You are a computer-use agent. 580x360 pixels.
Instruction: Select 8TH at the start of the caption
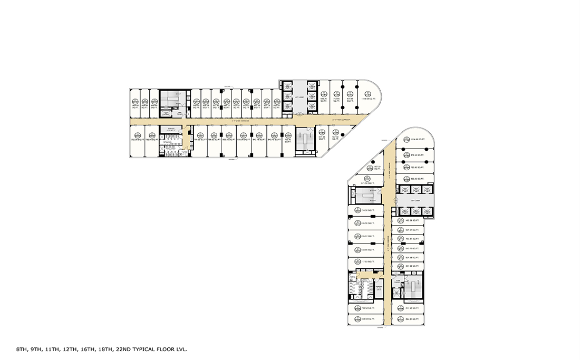pyautogui.click(x=22, y=349)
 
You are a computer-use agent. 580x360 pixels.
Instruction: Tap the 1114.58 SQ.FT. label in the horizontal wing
pyautogui.click(x=368, y=99)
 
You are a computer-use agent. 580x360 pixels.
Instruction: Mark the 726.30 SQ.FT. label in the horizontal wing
pyautogui.click(x=287, y=141)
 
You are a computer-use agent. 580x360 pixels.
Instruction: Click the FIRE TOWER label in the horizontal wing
pyautogui.click(x=179, y=113)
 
